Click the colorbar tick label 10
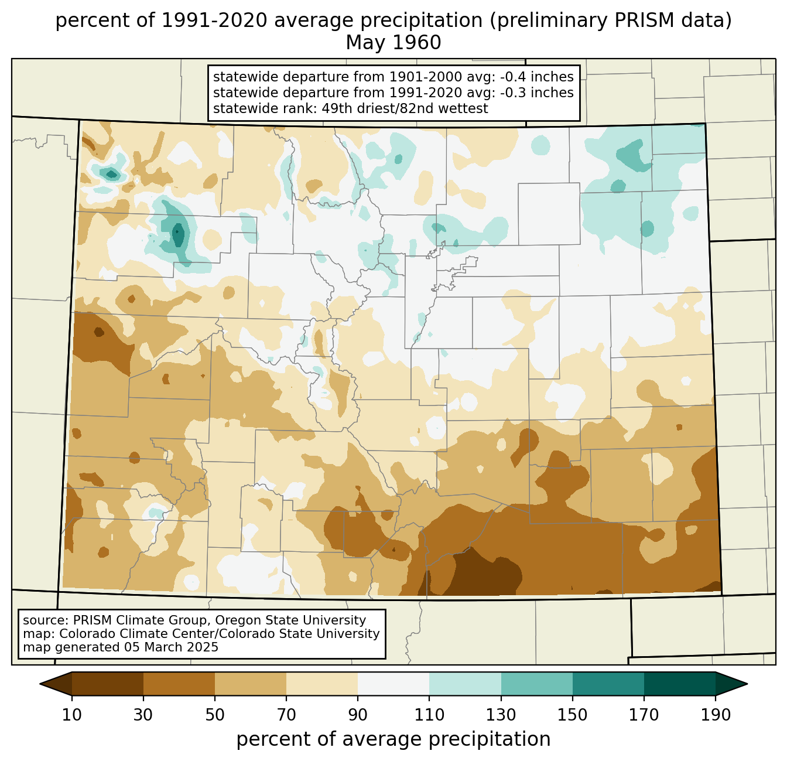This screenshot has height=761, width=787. point(71,715)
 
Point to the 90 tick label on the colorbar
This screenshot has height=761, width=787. point(358,715)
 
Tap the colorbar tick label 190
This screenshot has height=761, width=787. point(715,715)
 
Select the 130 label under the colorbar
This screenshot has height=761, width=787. point(501,715)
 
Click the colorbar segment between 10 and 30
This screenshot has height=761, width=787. point(108,684)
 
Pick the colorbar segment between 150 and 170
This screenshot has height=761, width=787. point(608,684)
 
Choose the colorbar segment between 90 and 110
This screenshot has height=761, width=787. point(393,684)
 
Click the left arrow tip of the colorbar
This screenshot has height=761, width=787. point(40,684)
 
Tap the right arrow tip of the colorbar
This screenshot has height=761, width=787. point(747,684)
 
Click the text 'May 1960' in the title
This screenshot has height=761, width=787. point(393,43)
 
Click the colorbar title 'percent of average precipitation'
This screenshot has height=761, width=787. point(393,739)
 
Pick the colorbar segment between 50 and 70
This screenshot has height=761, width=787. point(251,684)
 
